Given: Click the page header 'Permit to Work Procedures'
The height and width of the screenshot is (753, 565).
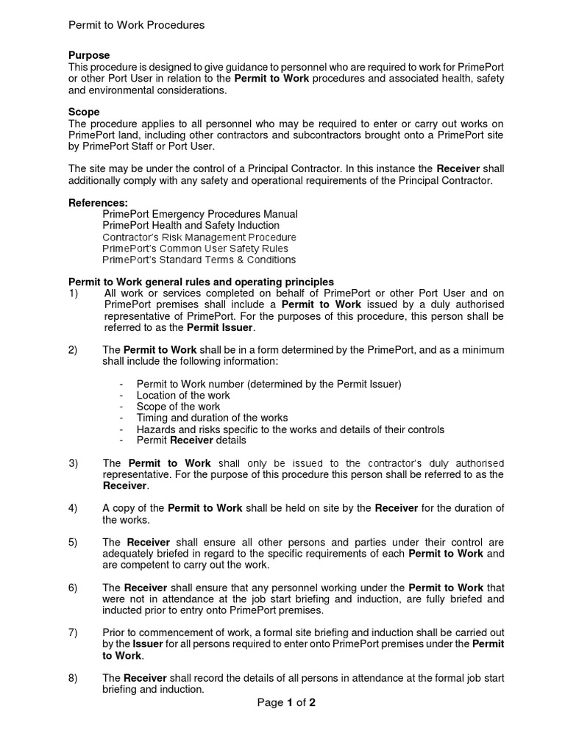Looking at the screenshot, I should pos(136,25).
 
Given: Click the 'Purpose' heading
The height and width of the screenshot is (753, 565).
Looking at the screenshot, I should pos(89,55).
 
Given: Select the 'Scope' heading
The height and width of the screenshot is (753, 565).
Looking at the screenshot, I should pos(84,113).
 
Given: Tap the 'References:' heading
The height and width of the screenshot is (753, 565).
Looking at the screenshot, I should pos(98,202).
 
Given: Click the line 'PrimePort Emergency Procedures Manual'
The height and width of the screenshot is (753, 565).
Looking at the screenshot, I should pos(200,214).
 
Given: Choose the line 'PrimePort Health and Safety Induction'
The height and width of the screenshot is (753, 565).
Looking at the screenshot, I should pos(191,226).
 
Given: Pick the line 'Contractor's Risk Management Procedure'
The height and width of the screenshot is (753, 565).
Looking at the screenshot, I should pos(199,238).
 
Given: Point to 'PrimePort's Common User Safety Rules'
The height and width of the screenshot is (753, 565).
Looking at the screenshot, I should pos(195,249).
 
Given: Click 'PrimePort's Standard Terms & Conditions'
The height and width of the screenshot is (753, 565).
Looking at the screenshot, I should pos(199,260).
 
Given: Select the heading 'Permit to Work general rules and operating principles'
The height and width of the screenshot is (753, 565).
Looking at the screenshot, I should pos(201,282).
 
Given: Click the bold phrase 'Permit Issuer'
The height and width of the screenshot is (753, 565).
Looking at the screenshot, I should pos(220,327).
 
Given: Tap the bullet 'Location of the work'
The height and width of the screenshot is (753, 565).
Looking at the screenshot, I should pos(183,395).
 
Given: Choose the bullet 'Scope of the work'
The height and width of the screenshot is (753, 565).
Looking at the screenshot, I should pos(178,407).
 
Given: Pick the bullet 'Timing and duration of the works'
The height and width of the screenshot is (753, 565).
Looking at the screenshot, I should pos(212,418).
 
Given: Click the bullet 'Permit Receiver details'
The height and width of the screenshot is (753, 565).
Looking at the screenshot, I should pos(191,440).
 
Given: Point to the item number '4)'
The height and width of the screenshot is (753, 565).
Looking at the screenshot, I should pos(73,508).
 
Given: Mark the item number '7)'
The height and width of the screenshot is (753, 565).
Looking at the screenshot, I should pos(73,632).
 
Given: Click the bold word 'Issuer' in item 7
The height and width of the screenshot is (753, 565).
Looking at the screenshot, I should pos(147,644).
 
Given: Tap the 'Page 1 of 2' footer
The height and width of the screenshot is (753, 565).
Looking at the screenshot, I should pos(286,702).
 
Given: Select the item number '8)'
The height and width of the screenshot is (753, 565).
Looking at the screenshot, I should pos(73,678).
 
